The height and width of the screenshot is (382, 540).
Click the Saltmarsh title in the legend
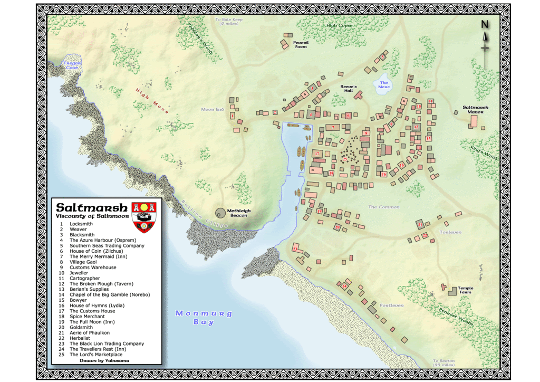tap(91, 207)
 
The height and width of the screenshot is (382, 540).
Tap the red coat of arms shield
tap(143, 215)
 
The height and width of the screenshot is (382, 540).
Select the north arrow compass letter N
tap(485, 25)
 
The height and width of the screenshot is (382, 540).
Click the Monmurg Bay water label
tap(204, 317)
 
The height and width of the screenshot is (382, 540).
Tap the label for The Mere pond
tap(384, 84)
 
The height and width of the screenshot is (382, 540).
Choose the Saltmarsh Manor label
tap(476, 109)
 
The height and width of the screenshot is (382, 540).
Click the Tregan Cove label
tap(72, 65)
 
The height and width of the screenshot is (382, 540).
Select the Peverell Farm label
tap(301, 44)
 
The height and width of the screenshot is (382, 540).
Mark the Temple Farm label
tap(466, 290)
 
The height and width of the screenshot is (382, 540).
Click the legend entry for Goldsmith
tap(81, 327)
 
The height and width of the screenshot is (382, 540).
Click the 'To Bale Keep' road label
tap(227, 22)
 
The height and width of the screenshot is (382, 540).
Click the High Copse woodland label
tap(339, 25)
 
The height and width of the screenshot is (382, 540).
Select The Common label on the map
tap(383, 207)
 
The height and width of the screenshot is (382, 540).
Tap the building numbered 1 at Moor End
tap(233, 115)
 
